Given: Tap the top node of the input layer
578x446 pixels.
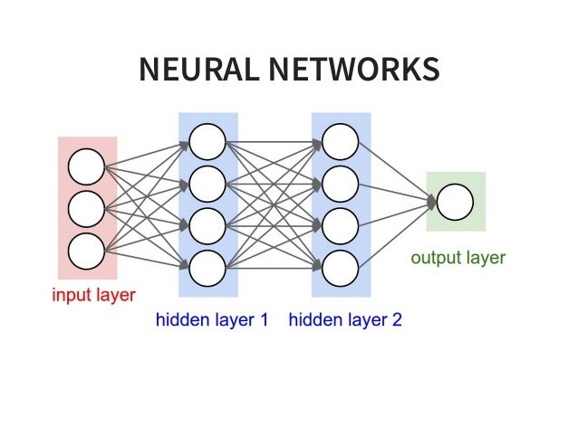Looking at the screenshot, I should click(87, 166).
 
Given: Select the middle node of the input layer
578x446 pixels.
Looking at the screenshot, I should click(87, 208).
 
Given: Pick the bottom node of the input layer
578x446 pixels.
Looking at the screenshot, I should click(87, 251).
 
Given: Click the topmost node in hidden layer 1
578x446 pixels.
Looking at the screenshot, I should click(207, 140).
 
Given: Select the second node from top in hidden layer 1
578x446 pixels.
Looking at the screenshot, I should click(207, 182).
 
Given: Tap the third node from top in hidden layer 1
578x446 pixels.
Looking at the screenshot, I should click(207, 223).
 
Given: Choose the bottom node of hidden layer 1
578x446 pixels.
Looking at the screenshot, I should click(207, 266).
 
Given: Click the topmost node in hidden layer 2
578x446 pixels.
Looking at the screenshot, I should click(341, 140).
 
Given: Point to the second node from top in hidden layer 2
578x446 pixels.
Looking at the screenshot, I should click(341, 182).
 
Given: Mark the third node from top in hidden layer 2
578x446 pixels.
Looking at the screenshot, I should click(341, 223).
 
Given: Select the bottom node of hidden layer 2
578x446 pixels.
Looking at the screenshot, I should click(341, 266).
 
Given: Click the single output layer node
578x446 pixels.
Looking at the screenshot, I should click(455, 201).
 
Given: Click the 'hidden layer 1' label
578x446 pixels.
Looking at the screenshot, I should click(212, 319).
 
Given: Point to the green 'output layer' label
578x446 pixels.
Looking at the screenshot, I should click(458, 258).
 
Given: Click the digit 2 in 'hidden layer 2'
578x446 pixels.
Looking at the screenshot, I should click(396, 319).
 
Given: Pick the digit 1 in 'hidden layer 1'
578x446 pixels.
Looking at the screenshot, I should click(264, 319).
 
